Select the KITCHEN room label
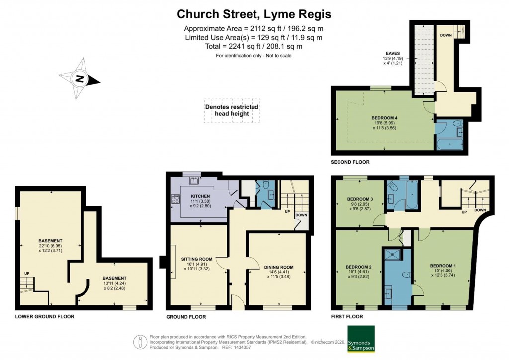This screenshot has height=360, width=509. tap(201, 196)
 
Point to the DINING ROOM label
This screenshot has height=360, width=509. tap(279, 267)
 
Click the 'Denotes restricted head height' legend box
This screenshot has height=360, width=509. tap(232, 110)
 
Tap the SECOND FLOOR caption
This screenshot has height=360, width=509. tap(350, 162)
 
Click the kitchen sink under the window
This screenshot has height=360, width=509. tap(194, 180)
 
